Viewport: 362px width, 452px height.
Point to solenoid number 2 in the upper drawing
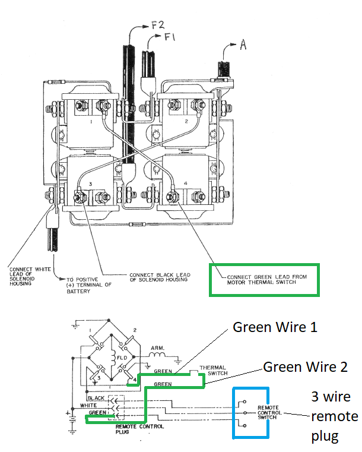tap(186, 121)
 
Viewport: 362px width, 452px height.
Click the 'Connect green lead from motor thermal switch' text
tap(261, 279)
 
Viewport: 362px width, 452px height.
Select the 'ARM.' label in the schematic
tap(158, 348)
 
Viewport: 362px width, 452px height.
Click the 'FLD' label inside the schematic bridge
tap(120, 358)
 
